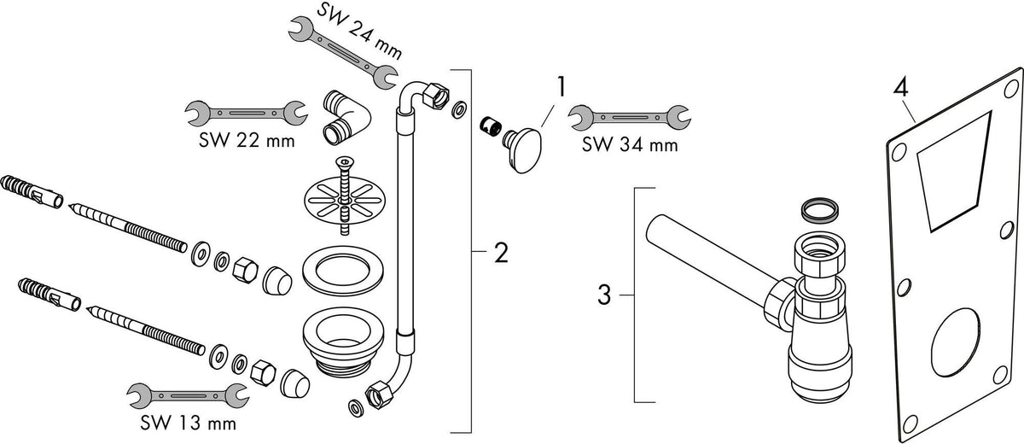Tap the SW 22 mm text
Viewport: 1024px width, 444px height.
pyautogui.click(x=247, y=140)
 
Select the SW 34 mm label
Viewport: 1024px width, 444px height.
pyautogui.click(x=630, y=144)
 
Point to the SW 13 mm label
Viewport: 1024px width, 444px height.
pyautogui.click(x=188, y=423)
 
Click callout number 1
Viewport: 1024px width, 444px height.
pyautogui.click(x=561, y=87)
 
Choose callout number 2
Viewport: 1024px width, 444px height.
pyautogui.click(x=501, y=253)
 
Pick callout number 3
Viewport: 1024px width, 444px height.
pyautogui.click(x=604, y=295)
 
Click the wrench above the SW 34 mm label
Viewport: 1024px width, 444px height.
pyautogui.click(x=630, y=118)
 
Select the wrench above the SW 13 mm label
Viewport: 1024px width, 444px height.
pyautogui.click(x=188, y=395)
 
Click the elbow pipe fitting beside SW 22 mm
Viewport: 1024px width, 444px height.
pyautogui.click(x=346, y=118)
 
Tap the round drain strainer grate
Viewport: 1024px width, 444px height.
pyautogui.click(x=345, y=199)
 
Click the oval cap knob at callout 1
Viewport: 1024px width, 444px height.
pyautogui.click(x=524, y=150)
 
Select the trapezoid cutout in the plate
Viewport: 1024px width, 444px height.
pyautogui.click(x=953, y=170)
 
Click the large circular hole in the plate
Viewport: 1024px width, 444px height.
pyautogui.click(x=956, y=342)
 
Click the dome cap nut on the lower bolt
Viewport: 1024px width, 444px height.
pyautogui.click(x=294, y=383)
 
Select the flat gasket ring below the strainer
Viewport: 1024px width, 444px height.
pyautogui.click(x=343, y=272)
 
